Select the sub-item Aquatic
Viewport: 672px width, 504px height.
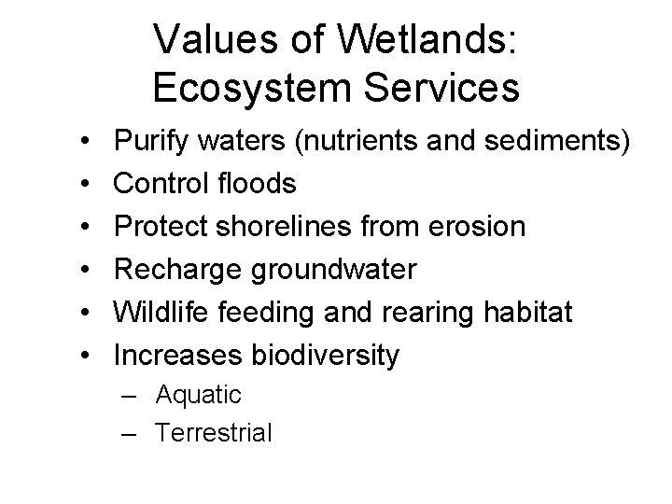coord(199,395)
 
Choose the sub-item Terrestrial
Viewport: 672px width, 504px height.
coord(215,432)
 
